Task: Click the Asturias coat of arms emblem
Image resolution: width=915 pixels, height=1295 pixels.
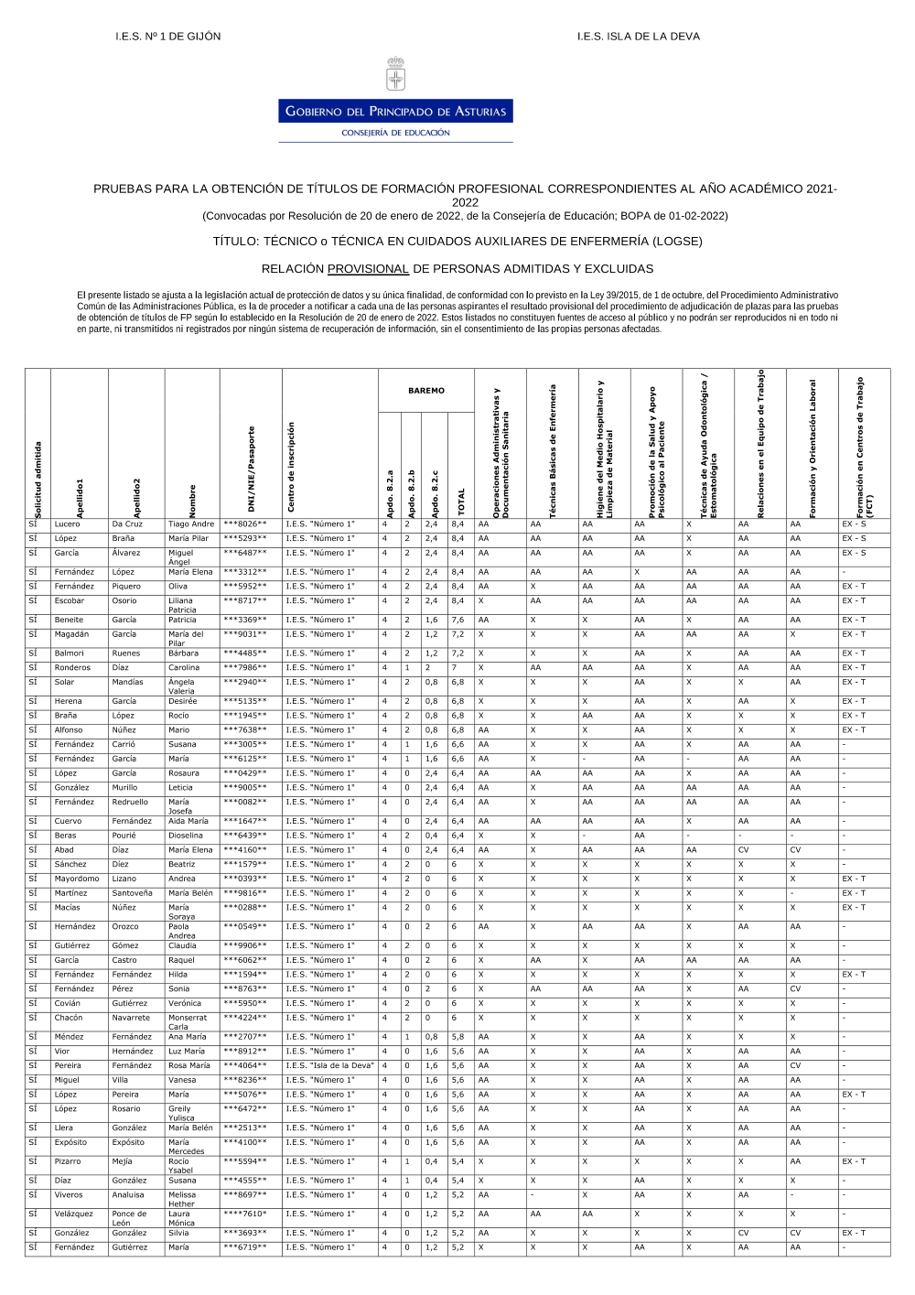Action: [395, 74]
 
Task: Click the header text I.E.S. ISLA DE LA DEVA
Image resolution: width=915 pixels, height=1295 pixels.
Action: [638, 37]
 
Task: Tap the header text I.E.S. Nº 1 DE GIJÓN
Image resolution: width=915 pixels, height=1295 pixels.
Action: [168, 37]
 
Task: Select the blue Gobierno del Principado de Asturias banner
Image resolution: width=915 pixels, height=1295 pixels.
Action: [395, 112]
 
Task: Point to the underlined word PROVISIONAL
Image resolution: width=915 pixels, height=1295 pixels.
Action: [368, 269]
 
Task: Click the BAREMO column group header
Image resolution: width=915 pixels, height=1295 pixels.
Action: [426, 391]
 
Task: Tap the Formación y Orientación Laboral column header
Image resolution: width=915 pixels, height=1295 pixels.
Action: [813, 448]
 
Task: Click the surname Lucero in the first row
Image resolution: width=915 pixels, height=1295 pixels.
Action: [68, 524]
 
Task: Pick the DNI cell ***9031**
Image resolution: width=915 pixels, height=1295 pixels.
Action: [245, 634]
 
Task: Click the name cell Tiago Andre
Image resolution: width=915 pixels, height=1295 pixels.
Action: [191, 524]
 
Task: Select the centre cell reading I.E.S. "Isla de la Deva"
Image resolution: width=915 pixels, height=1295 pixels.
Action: [329, 1065]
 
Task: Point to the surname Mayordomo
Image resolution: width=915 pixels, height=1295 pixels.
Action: [77, 879]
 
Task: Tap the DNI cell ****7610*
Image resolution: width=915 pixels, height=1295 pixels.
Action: [245, 1214]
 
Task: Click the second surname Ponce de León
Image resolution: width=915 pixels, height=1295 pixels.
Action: [129, 1218]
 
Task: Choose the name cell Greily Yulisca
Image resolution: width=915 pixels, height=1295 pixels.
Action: [181, 1113]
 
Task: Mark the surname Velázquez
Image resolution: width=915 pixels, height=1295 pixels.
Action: [74, 1214]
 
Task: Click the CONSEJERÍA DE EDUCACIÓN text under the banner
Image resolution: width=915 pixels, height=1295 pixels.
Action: [395, 133]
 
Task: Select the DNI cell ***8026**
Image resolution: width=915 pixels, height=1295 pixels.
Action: [245, 524]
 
